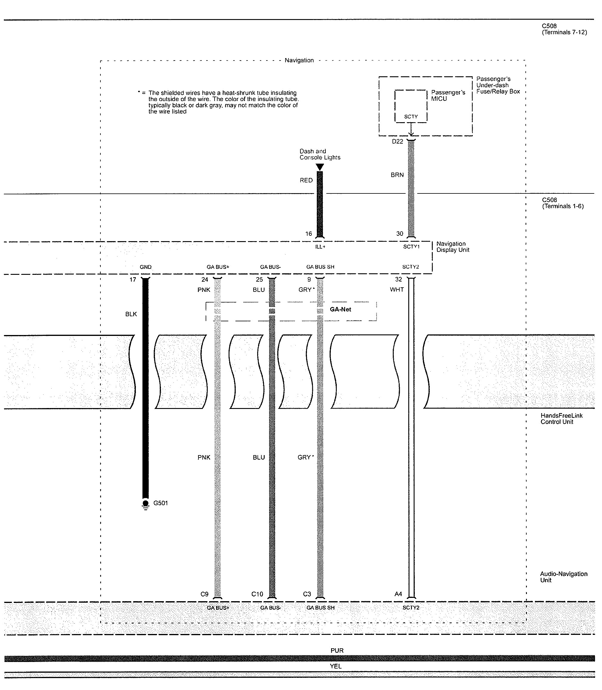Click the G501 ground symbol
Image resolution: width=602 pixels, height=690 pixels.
(145, 504)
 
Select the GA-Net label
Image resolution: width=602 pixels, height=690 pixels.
(340, 309)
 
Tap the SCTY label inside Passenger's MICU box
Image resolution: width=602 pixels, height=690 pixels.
(411, 117)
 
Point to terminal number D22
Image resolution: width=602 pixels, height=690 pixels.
(398, 141)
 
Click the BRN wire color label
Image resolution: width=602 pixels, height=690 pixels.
(397, 175)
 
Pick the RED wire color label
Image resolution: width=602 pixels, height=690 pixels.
(306, 180)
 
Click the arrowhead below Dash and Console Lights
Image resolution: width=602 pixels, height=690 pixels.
(320, 167)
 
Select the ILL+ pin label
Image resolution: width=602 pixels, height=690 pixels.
(320, 246)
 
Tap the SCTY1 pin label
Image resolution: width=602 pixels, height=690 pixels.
(411, 246)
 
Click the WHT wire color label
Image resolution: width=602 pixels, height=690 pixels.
(397, 290)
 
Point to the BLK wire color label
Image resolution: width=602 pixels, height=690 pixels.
(131, 314)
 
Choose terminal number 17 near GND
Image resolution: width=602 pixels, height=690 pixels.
(133, 280)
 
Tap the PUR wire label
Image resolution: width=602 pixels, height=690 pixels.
(337, 651)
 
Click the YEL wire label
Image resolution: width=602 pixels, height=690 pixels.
(336, 666)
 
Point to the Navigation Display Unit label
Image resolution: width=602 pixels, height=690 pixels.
(452, 246)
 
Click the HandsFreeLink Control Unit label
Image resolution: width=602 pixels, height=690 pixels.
(561, 418)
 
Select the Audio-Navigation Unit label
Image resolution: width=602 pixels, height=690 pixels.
(563, 577)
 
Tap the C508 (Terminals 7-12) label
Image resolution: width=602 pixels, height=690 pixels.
(564, 29)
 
